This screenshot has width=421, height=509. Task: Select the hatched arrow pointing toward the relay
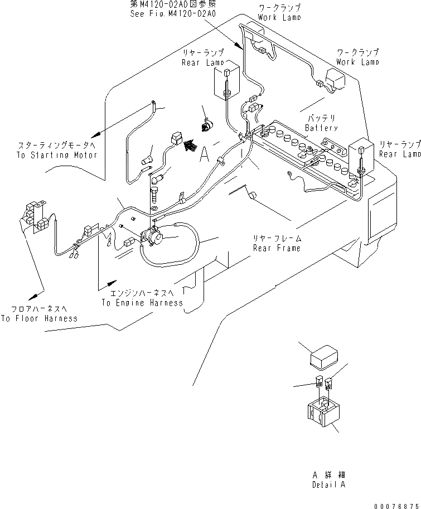coord(190,146)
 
